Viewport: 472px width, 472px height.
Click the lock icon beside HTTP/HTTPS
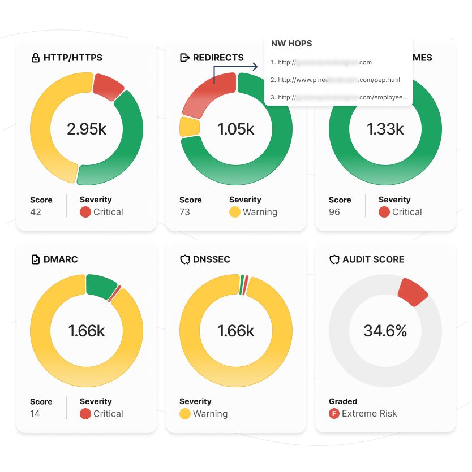(x=36, y=58)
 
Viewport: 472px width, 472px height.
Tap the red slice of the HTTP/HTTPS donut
(x=108, y=86)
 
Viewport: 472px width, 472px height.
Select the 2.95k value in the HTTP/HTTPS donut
(x=87, y=129)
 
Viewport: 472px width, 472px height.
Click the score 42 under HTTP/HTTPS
(x=36, y=212)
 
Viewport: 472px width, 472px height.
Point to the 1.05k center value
(x=236, y=129)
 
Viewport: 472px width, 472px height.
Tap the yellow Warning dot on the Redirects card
(x=235, y=212)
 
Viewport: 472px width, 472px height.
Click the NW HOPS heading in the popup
(x=291, y=44)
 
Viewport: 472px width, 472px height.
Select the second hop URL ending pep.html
(x=335, y=80)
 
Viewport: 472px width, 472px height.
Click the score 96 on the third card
(x=334, y=212)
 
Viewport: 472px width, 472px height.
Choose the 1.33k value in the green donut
(x=385, y=129)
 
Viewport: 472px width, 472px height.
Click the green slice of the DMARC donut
(x=100, y=285)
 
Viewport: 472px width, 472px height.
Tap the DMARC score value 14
(x=35, y=414)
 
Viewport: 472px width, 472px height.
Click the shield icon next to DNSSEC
(x=184, y=259)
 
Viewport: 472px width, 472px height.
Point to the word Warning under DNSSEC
(x=210, y=414)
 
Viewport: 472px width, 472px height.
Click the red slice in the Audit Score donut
(x=413, y=292)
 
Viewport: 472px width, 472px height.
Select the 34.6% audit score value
(x=385, y=331)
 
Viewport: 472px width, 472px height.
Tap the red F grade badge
(x=334, y=414)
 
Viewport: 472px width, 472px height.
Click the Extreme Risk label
(x=370, y=414)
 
